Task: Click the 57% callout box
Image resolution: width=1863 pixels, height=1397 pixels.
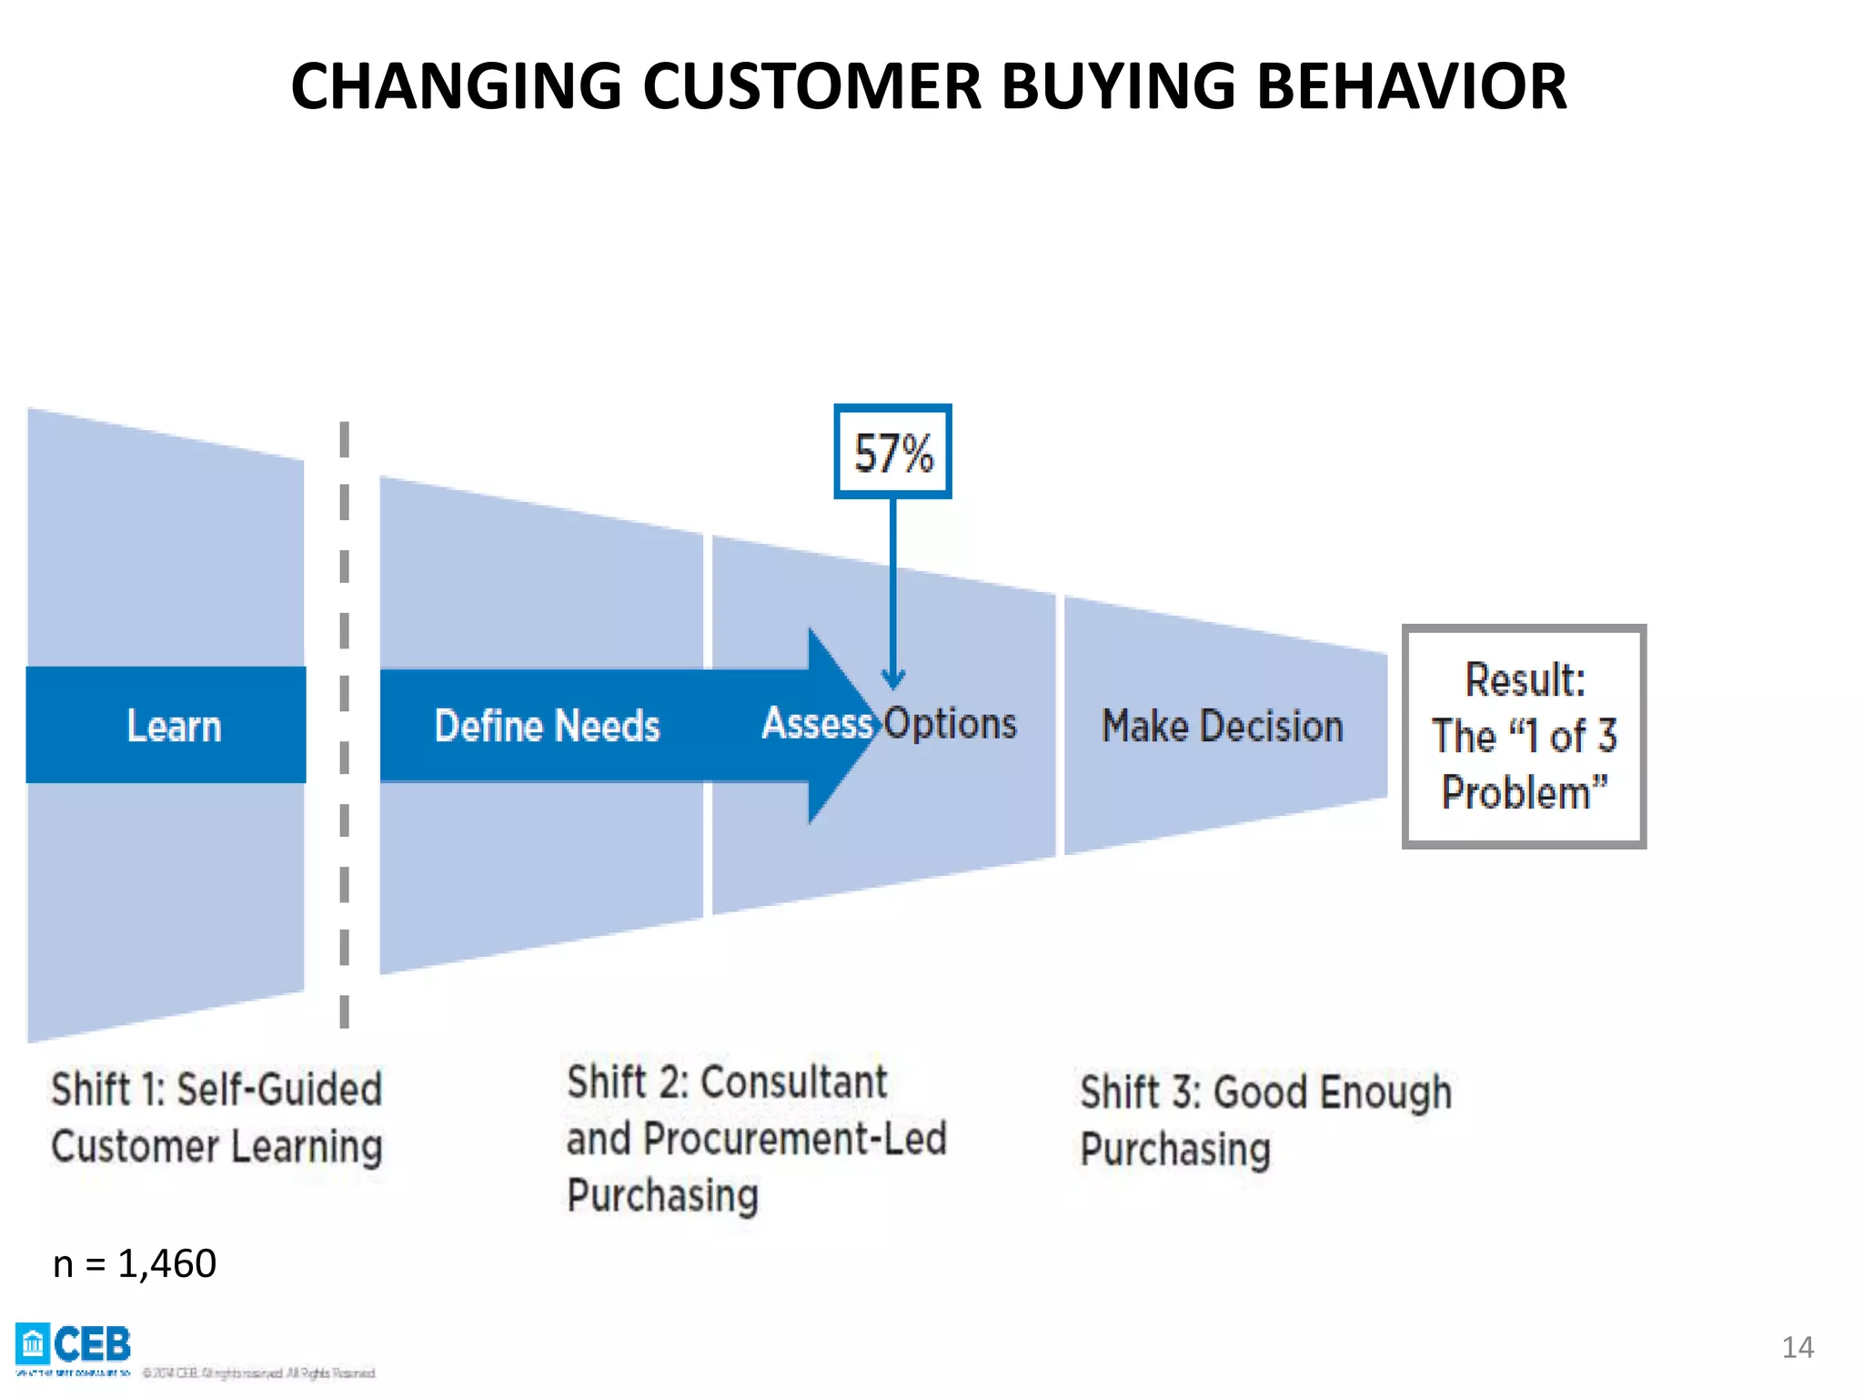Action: coord(892,452)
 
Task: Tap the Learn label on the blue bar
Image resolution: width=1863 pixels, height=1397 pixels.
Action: coord(174,726)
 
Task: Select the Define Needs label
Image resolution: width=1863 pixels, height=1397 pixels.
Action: coord(547,726)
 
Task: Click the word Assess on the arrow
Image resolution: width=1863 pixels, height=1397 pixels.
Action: coord(816,724)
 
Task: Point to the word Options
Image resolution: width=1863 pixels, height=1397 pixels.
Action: coord(951,724)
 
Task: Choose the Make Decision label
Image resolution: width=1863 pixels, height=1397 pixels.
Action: coord(1222,726)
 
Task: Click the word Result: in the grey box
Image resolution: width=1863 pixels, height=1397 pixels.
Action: coord(1525,680)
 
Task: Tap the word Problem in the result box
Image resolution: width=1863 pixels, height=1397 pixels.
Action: coord(1516,792)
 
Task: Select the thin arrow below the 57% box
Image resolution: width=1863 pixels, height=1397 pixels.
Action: coord(892,591)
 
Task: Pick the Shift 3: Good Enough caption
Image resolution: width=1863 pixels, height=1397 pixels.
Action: coord(1264,1091)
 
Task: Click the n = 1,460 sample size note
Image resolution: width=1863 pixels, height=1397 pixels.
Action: coord(135,1263)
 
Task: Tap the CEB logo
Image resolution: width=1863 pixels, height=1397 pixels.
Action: coord(74,1344)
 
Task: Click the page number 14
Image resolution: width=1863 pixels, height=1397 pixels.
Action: coord(1797,1347)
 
